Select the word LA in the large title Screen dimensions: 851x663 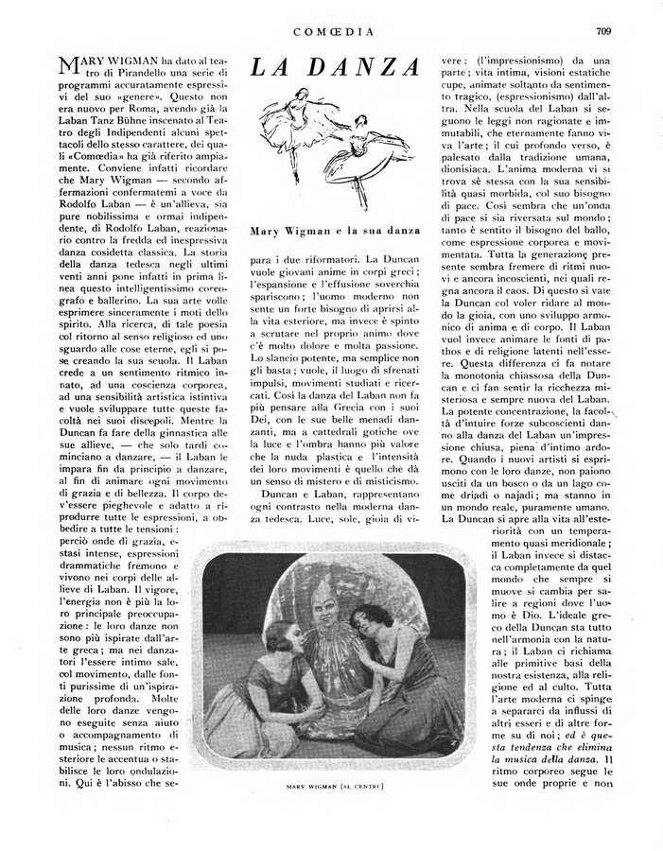click(271, 68)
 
